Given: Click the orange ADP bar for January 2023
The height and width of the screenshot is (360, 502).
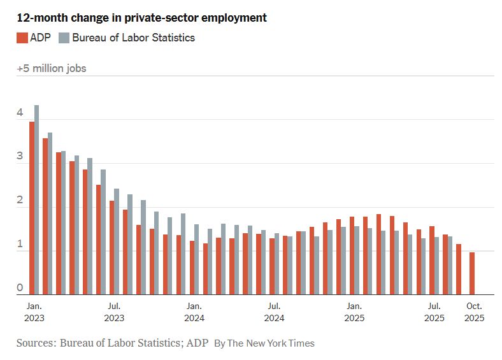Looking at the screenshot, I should (32, 208).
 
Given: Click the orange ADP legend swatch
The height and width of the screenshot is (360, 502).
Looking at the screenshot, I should (22, 38).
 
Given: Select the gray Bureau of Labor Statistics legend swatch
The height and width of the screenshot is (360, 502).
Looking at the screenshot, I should (64, 38).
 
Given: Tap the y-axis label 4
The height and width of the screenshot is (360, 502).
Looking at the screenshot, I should (20, 113).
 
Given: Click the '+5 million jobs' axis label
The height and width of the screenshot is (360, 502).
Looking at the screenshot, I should (52, 68).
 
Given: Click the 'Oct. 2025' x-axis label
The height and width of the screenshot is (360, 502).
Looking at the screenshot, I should (474, 312).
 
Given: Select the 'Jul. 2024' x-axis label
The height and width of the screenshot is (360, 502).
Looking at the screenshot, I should (274, 312).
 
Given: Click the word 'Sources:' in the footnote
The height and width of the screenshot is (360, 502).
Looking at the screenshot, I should (36, 343).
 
